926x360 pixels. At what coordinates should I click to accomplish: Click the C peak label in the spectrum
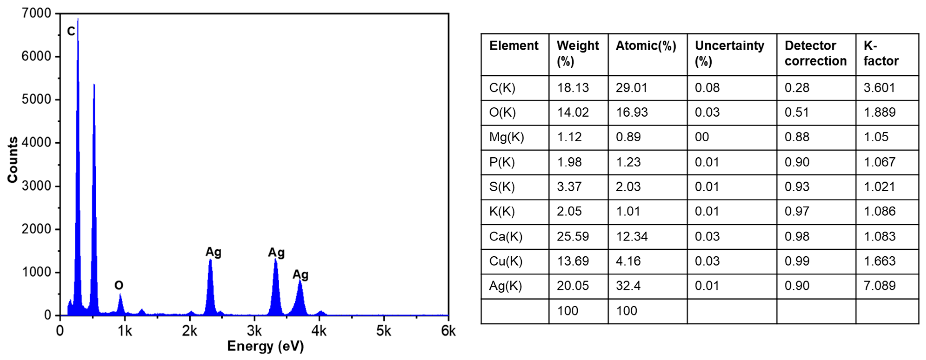pos(71,31)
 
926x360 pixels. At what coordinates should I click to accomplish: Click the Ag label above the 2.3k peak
pos(213,252)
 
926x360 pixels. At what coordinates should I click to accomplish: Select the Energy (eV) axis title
pos(266,346)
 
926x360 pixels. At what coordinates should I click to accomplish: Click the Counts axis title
pos(13,160)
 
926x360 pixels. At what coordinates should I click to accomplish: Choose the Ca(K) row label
pos(505,236)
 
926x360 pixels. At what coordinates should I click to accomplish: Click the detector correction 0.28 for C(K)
pos(797,88)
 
